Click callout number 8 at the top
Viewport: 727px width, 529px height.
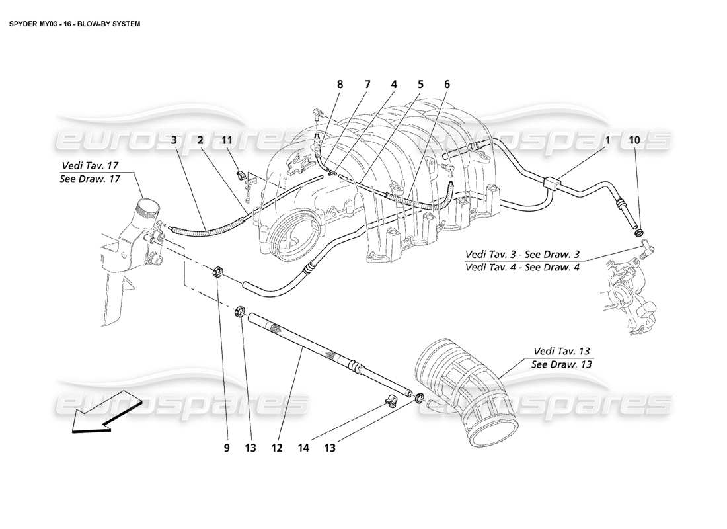340,85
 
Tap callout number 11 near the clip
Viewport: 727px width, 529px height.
227,140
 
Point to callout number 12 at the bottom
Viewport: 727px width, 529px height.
276,448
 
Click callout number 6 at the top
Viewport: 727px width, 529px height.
447,85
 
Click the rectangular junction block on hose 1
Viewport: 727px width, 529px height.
551,182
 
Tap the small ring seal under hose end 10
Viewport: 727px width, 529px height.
638,232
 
